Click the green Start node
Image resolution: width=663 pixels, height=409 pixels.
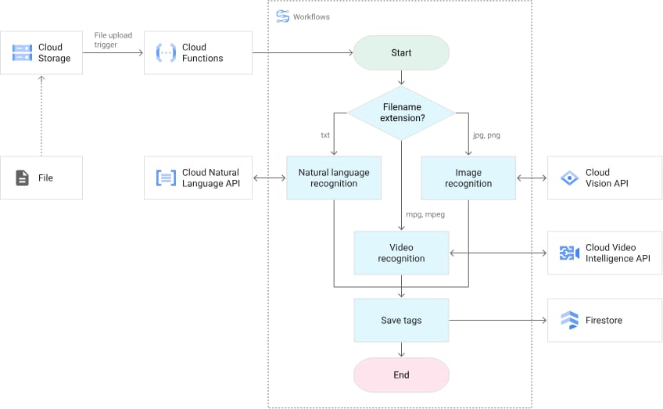click(401, 53)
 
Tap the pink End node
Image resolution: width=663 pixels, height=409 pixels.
click(401, 375)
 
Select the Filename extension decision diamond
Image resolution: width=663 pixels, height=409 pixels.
click(401, 113)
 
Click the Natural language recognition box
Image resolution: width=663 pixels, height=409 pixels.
click(334, 178)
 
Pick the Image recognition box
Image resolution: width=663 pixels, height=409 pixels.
click(468, 178)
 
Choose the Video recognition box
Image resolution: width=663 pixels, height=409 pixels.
click(401, 253)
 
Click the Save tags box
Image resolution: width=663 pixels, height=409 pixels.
click(401, 320)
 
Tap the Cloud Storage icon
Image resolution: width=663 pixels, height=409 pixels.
click(22, 53)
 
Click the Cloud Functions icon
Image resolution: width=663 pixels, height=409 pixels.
click(166, 53)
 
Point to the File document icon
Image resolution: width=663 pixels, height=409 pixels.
click(22, 178)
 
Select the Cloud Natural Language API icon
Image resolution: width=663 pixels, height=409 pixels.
click(166, 178)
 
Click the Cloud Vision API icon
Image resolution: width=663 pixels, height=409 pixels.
click(569, 178)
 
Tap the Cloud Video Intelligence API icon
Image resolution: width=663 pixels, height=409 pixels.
click(569, 253)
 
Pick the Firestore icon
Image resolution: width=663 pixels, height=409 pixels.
click(569, 320)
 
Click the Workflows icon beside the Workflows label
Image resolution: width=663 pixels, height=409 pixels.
click(282, 16)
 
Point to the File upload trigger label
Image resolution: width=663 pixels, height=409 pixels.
click(113, 40)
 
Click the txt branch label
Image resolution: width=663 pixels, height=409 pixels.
click(325, 135)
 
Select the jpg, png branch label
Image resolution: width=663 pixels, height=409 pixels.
click(486, 135)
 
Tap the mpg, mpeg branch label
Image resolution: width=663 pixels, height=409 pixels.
click(425, 214)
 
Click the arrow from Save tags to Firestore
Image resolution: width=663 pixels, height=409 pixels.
click(498, 320)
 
